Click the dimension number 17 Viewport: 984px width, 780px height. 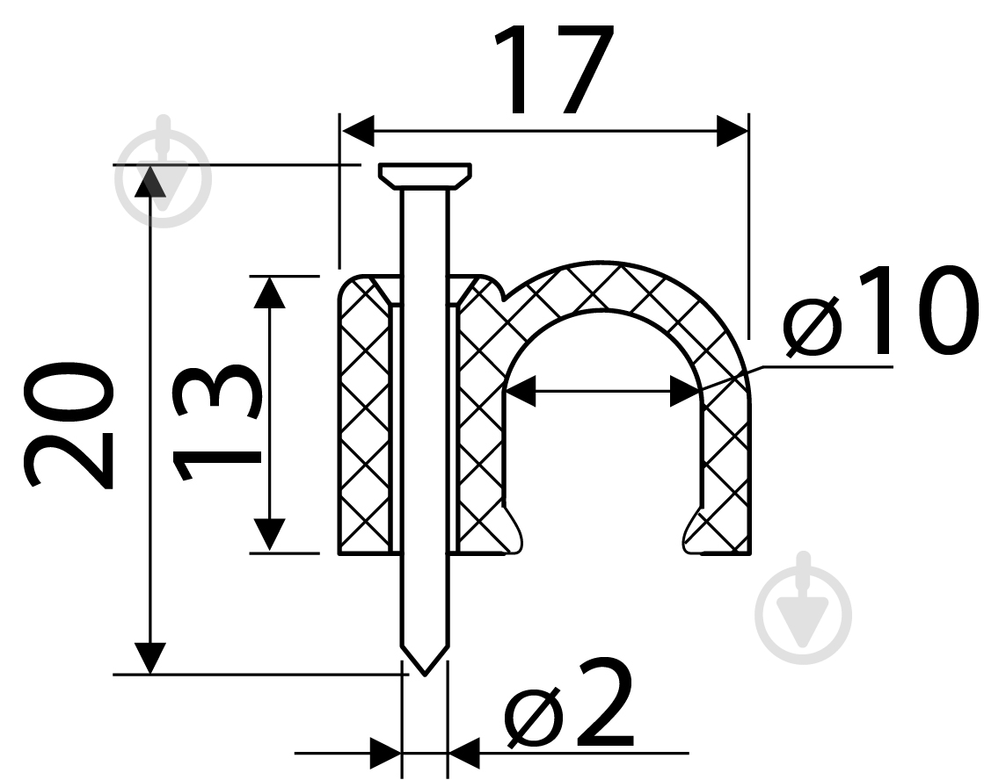point(553,70)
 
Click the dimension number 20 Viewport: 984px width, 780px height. point(69,424)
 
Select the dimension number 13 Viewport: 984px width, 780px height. point(215,423)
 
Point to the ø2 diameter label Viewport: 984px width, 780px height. point(569,702)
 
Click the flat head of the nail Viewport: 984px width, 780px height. point(425,176)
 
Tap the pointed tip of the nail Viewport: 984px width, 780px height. point(425,674)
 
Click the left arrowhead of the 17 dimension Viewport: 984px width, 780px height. point(358,131)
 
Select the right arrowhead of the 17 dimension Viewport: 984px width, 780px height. point(732,131)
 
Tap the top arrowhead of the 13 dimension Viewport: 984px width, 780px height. point(269,292)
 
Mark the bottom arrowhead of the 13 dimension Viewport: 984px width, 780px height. point(269,536)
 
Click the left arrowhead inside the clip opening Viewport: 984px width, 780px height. point(521,391)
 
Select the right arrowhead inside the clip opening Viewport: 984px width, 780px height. point(686,391)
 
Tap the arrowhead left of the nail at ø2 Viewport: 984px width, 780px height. point(384,753)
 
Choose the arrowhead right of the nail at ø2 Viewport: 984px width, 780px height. point(464,753)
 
